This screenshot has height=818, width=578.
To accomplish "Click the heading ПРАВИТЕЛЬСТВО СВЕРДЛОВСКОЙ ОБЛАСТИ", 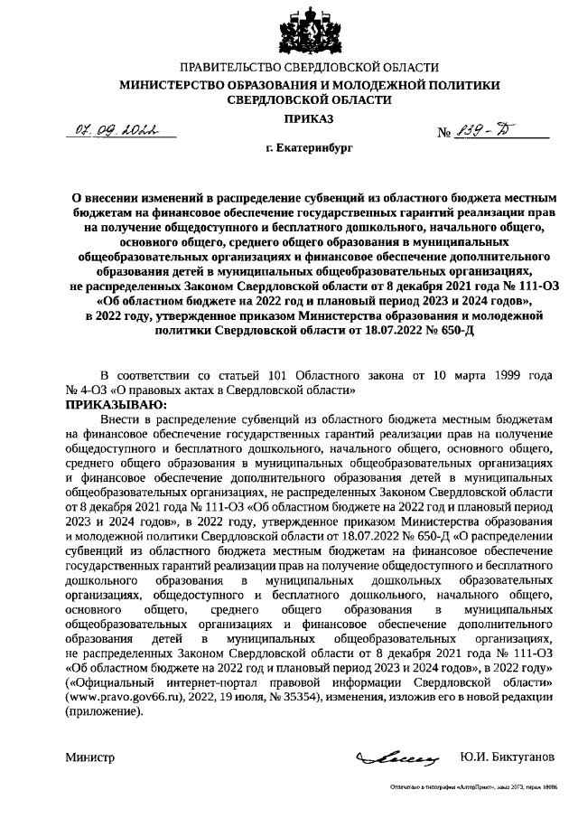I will tap(310, 68).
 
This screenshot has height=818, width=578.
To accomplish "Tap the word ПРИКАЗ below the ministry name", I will tap(310, 119).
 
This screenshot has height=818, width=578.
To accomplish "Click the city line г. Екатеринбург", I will tap(310, 145).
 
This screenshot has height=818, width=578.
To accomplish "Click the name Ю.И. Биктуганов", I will tap(508, 756).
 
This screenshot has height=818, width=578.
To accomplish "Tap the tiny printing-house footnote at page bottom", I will tap(473, 787).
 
